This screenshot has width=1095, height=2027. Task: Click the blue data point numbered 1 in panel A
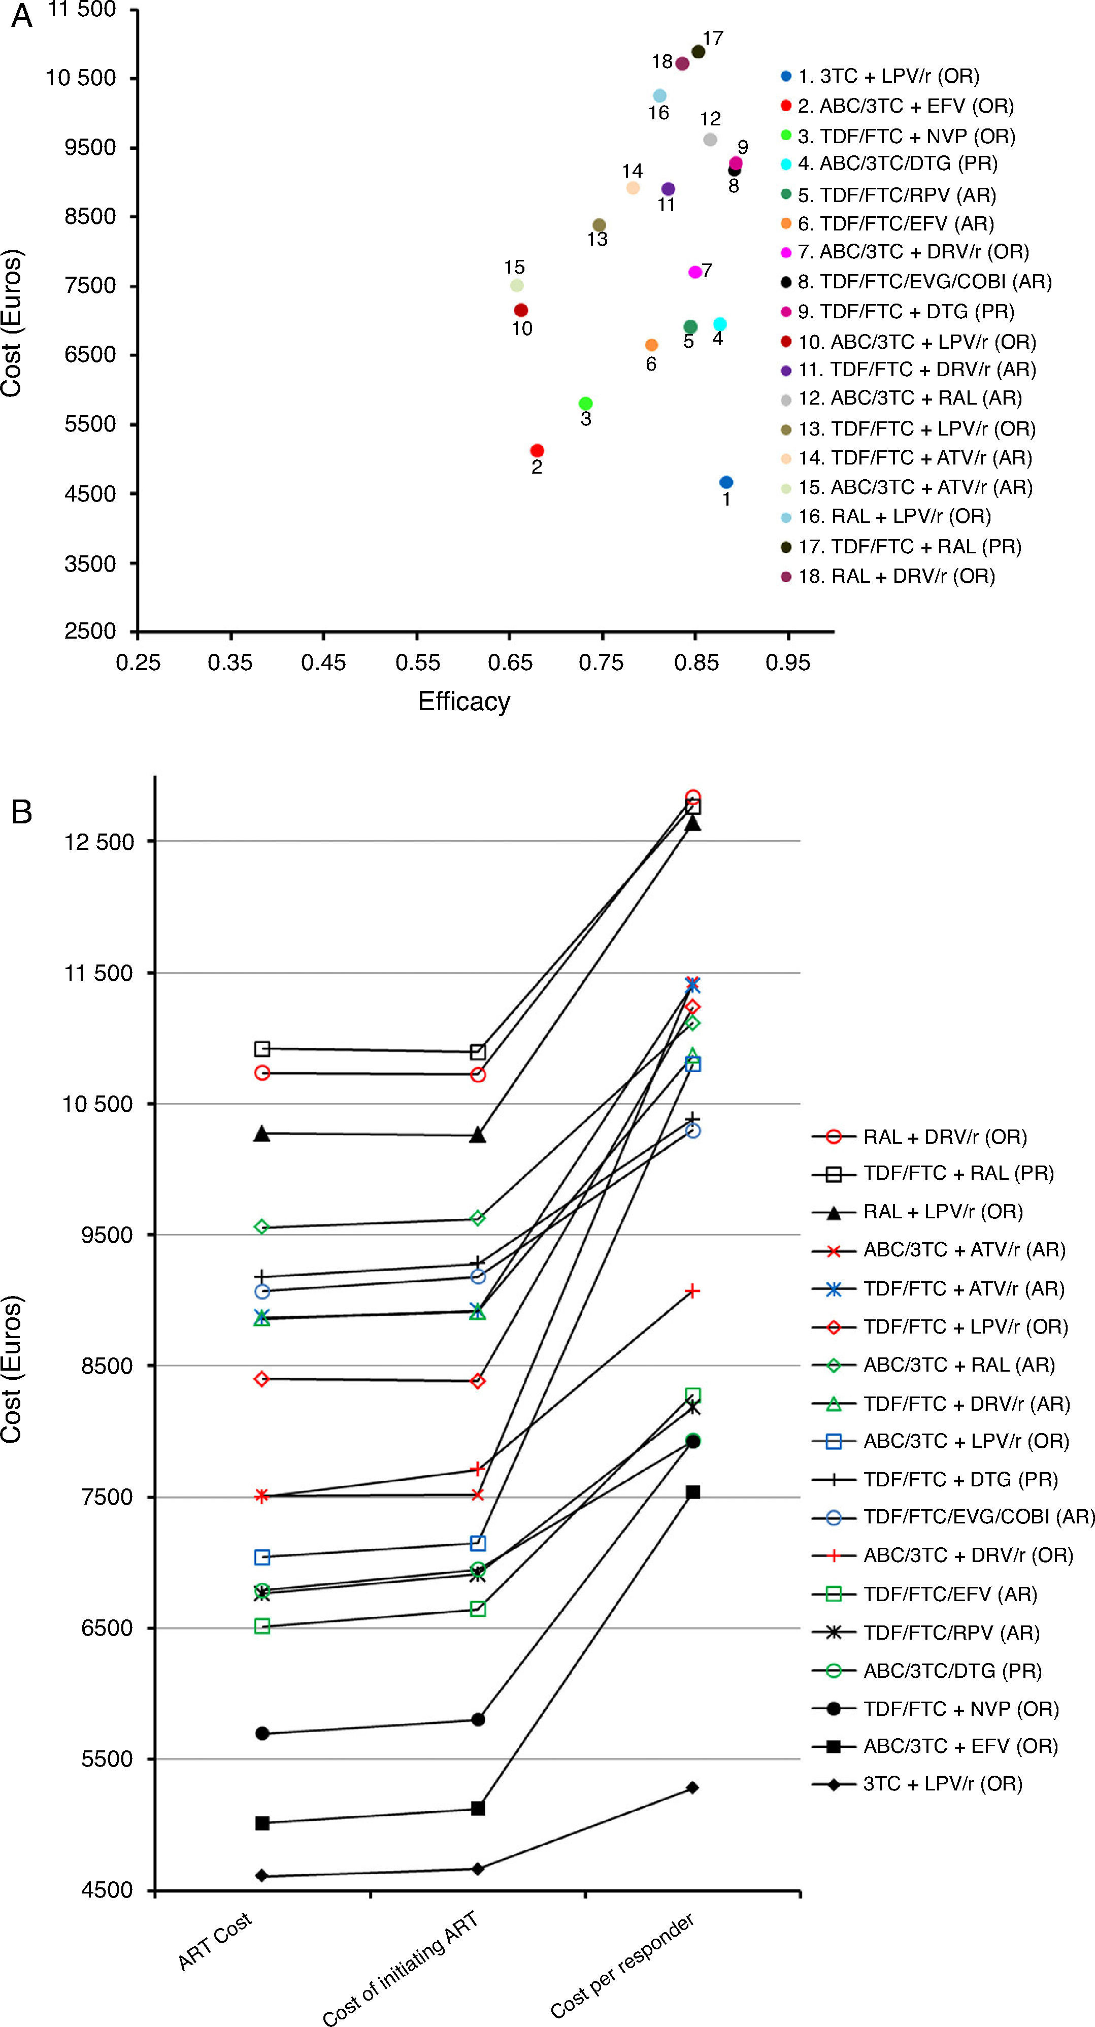click(x=726, y=482)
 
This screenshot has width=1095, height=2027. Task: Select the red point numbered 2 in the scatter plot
click(x=537, y=450)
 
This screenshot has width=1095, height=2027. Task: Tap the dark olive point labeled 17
click(x=698, y=52)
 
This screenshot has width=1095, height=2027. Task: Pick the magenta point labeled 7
click(x=694, y=272)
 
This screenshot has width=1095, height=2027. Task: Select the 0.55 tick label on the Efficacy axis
click(x=417, y=662)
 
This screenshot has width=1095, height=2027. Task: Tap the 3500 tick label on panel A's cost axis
click(x=90, y=563)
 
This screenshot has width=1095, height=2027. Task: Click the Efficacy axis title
click(x=464, y=701)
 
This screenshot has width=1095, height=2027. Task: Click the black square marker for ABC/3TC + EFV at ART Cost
click(x=262, y=1823)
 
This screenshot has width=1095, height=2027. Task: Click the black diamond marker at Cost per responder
click(x=692, y=1788)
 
